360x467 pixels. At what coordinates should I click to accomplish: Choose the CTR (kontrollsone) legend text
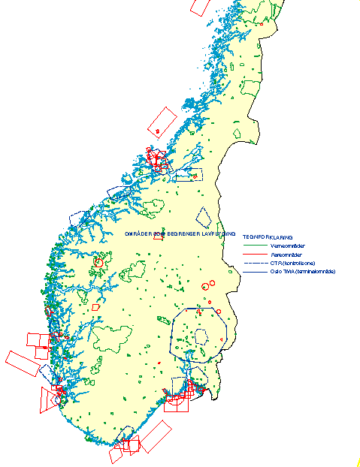click(x=291, y=263)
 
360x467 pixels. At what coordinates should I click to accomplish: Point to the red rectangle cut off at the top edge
click(x=198, y=6)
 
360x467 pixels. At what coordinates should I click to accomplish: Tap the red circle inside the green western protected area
click(x=98, y=263)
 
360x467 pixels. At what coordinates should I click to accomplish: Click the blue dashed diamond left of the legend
click(x=203, y=218)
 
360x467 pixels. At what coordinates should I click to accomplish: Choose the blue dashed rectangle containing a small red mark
click(x=189, y=176)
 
